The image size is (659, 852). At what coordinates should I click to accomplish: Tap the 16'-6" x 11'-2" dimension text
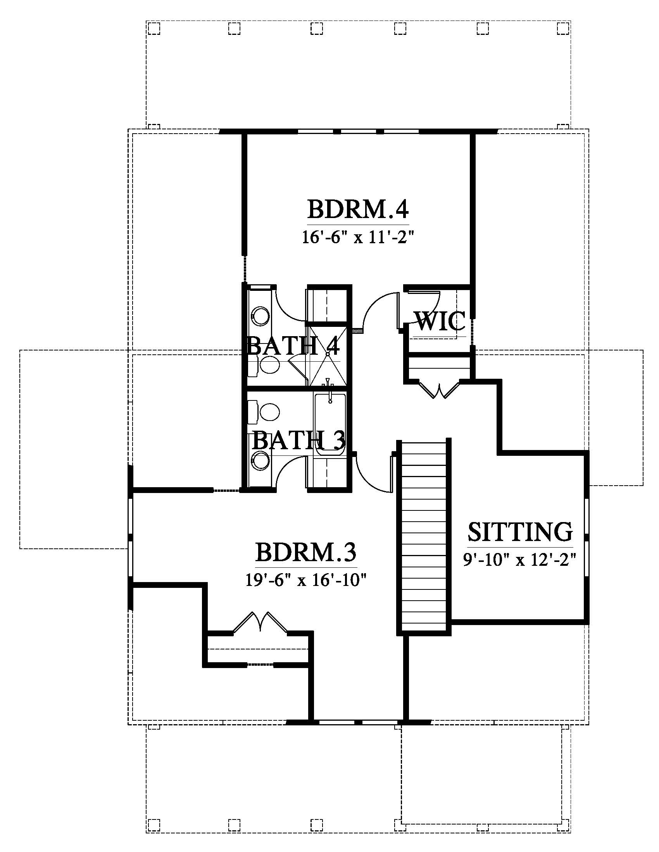tap(357, 237)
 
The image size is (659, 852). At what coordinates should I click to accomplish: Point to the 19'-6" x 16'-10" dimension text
tap(306, 580)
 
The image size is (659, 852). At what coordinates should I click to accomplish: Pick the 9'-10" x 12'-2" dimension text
tap(520, 560)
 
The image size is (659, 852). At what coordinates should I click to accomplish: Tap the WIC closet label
tap(440, 321)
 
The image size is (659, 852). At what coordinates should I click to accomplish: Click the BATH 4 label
tap(293, 345)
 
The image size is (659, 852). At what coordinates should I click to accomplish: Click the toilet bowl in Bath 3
tap(269, 412)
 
